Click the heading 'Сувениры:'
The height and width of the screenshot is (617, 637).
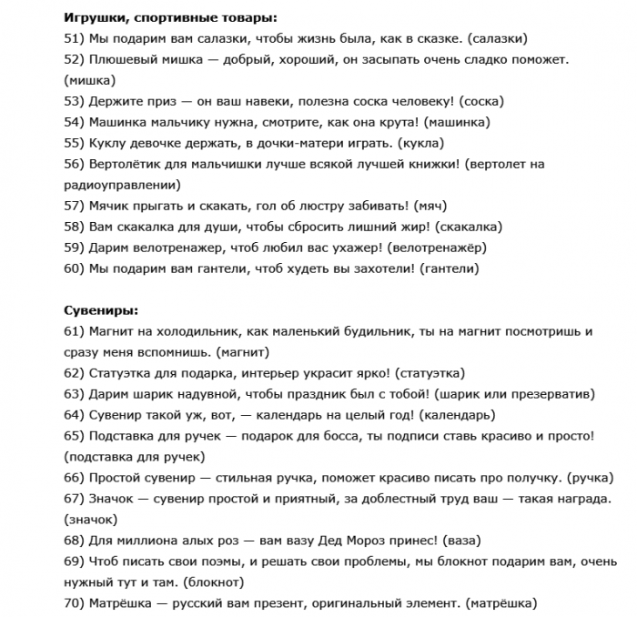[x=101, y=310]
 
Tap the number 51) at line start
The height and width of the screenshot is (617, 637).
[x=75, y=38]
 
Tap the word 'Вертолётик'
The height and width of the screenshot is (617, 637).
[x=126, y=164]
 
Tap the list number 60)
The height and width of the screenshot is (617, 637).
[x=75, y=268]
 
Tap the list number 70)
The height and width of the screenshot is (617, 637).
[x=75, y=603]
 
